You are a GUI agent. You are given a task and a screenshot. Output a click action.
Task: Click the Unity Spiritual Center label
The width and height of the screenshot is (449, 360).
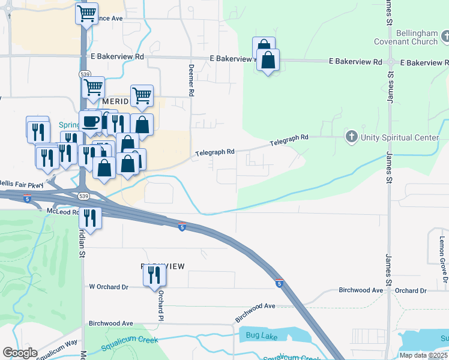[x=400, y=137]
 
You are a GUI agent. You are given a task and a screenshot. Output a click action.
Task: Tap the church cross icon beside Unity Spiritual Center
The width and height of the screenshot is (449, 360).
[x=352, y=137]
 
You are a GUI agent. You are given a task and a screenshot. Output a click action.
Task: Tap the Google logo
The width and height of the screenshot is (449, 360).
[x=20, y=353]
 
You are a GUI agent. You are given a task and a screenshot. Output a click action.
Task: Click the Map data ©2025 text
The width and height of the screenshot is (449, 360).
[x=423, y=355]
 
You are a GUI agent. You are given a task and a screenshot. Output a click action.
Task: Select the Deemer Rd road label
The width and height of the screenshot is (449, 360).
[x=191, y=80]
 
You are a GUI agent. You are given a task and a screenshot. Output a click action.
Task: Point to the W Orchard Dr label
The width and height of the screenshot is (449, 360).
[x=109, y=287]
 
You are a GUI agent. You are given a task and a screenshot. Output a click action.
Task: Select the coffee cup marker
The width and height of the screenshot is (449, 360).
[x=90, y=121]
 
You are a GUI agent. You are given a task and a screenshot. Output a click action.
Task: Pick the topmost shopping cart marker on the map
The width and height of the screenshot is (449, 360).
[x=87, y=13]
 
